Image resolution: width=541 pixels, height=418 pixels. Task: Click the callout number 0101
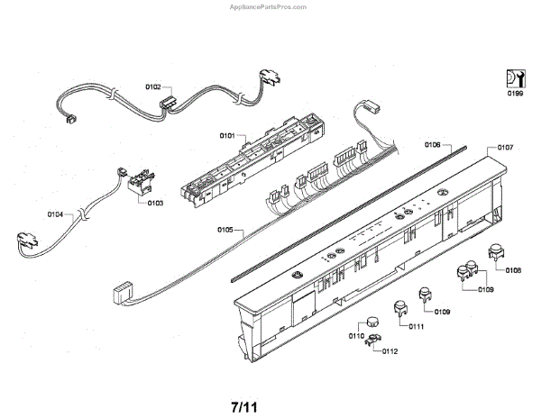pos(225,135)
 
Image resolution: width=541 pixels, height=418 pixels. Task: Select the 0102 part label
pos(152,87)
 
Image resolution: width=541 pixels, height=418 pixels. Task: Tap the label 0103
pos(155,204)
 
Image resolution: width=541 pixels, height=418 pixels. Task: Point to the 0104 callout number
pos(56,214)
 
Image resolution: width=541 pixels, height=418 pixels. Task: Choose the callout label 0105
pos(225,231)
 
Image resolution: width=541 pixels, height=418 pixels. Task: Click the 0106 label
pos(432,145)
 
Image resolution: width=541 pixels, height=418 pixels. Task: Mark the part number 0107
pos(505,147)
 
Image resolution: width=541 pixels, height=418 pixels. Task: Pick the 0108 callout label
pos(512,269)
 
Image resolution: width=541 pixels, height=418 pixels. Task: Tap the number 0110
pos(355,336)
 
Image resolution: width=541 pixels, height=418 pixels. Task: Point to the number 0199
pos(513,92)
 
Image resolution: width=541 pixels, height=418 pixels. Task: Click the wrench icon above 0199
pos(513,77)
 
